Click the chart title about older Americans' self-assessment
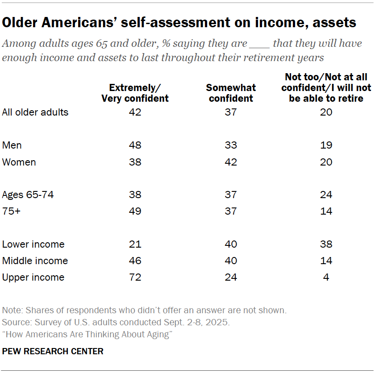click(x=179, y=22)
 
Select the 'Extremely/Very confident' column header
click(x=135, y=93)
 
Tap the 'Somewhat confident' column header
click(x=231, y=93)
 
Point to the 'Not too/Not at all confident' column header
click(x=326, y=88)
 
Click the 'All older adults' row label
click(x=35, y=112)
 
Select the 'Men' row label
click(x=12, y=145)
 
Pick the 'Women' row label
click(x=19, y=162)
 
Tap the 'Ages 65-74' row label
click(x=28, y=195)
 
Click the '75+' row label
click(x=11, y=211)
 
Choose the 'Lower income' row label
click(x=33, y=244)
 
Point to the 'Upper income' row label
click(x=33, y=277)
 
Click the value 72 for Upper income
click(x=135, y=277)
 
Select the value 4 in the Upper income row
click(x=326, y=277)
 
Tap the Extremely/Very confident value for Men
click(x=135, y=145)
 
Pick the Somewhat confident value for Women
click(x=231, y=162)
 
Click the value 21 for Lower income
click(x=135, y=244)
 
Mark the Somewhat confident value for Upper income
click(x=231, y=277)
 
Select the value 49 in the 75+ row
click(x=135, y=211)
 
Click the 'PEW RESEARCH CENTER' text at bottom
click(x=53, y=351)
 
